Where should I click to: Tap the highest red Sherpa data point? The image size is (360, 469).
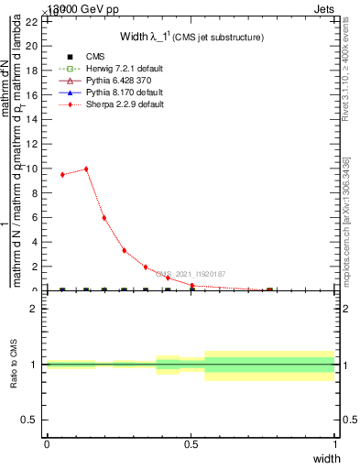click(86, 169)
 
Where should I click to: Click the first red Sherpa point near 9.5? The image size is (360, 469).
click(62, 174)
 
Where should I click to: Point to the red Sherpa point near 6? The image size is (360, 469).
click(104, 218)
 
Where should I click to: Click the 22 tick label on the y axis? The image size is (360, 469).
click(33, 21)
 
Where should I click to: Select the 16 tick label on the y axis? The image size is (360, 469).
click(33, 94)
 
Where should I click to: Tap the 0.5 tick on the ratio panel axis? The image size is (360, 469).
click(31, 420)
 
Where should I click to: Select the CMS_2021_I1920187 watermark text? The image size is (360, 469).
click(190, 274)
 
